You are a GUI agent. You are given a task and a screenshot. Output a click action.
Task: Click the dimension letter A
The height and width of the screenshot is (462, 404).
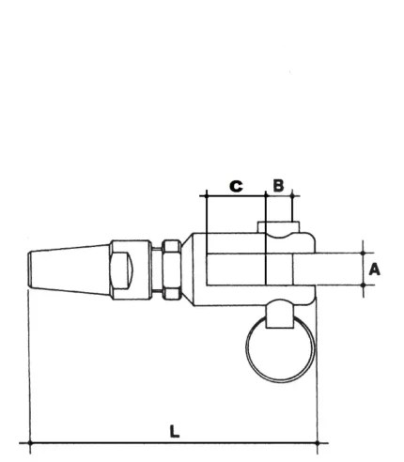point(375,269)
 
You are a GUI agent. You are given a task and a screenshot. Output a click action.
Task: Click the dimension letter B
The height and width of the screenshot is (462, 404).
point(278,185)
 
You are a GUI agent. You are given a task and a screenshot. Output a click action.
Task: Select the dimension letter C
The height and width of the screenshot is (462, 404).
point(236,185)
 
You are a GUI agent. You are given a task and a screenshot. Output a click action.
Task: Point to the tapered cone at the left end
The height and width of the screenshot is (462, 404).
point(68,269)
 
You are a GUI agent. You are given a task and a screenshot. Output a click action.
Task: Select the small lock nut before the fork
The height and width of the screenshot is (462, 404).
point(170,269)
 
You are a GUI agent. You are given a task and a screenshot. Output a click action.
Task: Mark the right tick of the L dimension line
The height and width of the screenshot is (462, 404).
point(318,441)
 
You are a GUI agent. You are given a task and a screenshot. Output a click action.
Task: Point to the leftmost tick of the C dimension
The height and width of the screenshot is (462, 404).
point(204,195)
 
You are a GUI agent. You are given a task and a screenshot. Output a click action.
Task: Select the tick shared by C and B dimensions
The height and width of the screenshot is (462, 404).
point(267,195)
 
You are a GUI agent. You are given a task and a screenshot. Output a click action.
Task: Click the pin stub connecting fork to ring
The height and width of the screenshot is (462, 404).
point(278,317)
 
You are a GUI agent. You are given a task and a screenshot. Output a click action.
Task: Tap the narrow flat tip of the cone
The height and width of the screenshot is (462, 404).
point(31,269)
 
